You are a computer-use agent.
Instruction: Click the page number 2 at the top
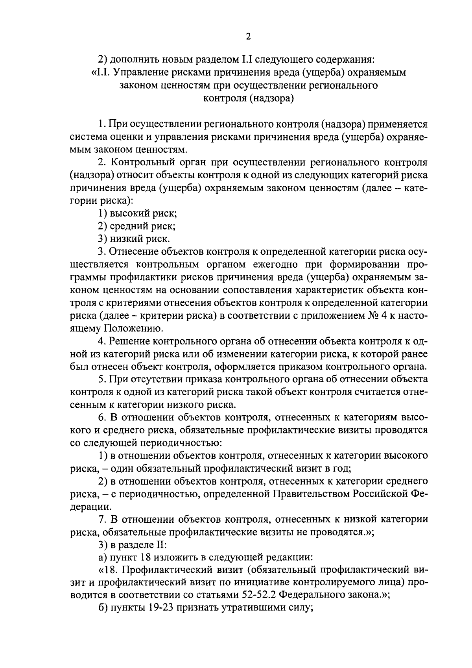click(x=248, y=37)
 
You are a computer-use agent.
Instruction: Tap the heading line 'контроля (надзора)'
click(x=249, y=98)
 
